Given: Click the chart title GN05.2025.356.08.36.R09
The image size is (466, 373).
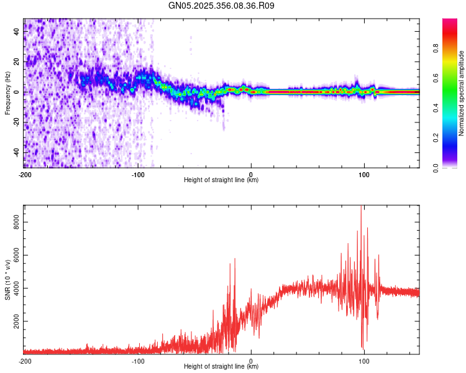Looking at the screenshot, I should point(222,6).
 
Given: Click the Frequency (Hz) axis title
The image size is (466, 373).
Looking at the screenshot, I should point(7,93).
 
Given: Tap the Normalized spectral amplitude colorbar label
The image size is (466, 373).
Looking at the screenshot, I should point(461,94).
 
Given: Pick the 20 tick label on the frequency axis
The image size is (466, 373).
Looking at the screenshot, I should point(17,62).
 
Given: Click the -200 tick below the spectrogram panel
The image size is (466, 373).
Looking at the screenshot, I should point(24,174).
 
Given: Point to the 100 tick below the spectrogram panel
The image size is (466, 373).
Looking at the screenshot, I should point(364,174).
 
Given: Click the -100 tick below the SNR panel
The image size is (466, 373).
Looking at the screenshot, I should point(138,361).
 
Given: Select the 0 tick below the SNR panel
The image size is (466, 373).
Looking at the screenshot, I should point(251,361).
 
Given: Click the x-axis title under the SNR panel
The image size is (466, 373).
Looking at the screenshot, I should point(221,367).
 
